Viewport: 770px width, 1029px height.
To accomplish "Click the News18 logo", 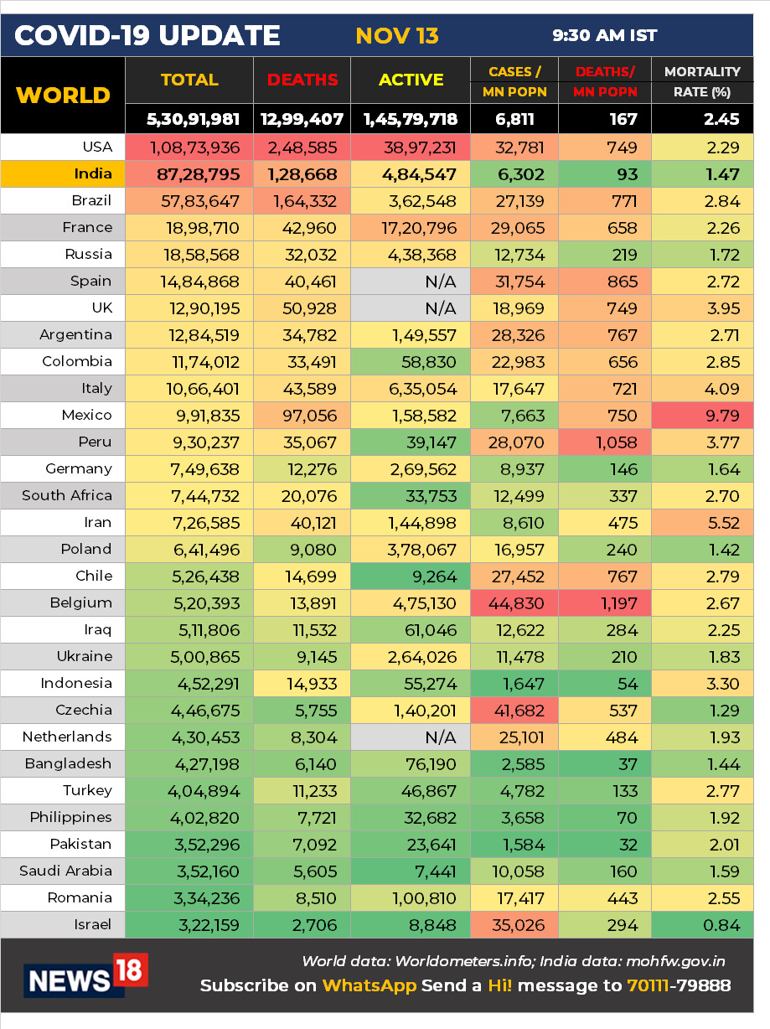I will coord(86,975).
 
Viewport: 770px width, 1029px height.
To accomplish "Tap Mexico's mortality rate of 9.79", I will coord(721,416).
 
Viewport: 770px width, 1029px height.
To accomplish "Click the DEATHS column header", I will coord(302,80).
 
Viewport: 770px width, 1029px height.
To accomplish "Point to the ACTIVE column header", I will coord(411,80).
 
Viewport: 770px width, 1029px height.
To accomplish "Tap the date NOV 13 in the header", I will coord(397,36).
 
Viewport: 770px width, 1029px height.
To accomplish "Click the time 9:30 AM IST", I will coord(604,36).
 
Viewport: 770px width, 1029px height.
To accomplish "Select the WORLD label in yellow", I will coord(63,95).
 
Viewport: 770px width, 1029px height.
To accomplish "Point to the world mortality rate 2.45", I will coord(721,119).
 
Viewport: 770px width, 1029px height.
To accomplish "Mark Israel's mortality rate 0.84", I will coord(721,925).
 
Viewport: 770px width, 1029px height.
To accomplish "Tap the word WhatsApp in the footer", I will coord(369,985).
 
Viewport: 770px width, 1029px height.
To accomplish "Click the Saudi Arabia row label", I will coord(65,871).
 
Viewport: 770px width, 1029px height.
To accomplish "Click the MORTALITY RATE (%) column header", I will coord(702,81).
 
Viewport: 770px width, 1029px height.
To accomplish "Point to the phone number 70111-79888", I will coord(679,985).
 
